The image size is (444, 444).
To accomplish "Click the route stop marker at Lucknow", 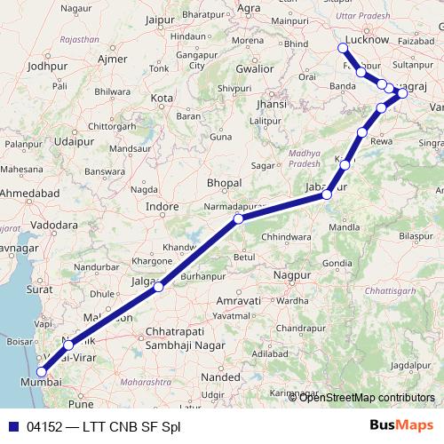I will tap(344, 48).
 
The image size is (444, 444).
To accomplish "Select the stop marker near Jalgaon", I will tap(158, 287).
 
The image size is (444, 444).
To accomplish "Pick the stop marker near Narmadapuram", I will tap(238, 218).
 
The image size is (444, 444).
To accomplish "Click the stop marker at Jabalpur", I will tap(327, 194).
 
